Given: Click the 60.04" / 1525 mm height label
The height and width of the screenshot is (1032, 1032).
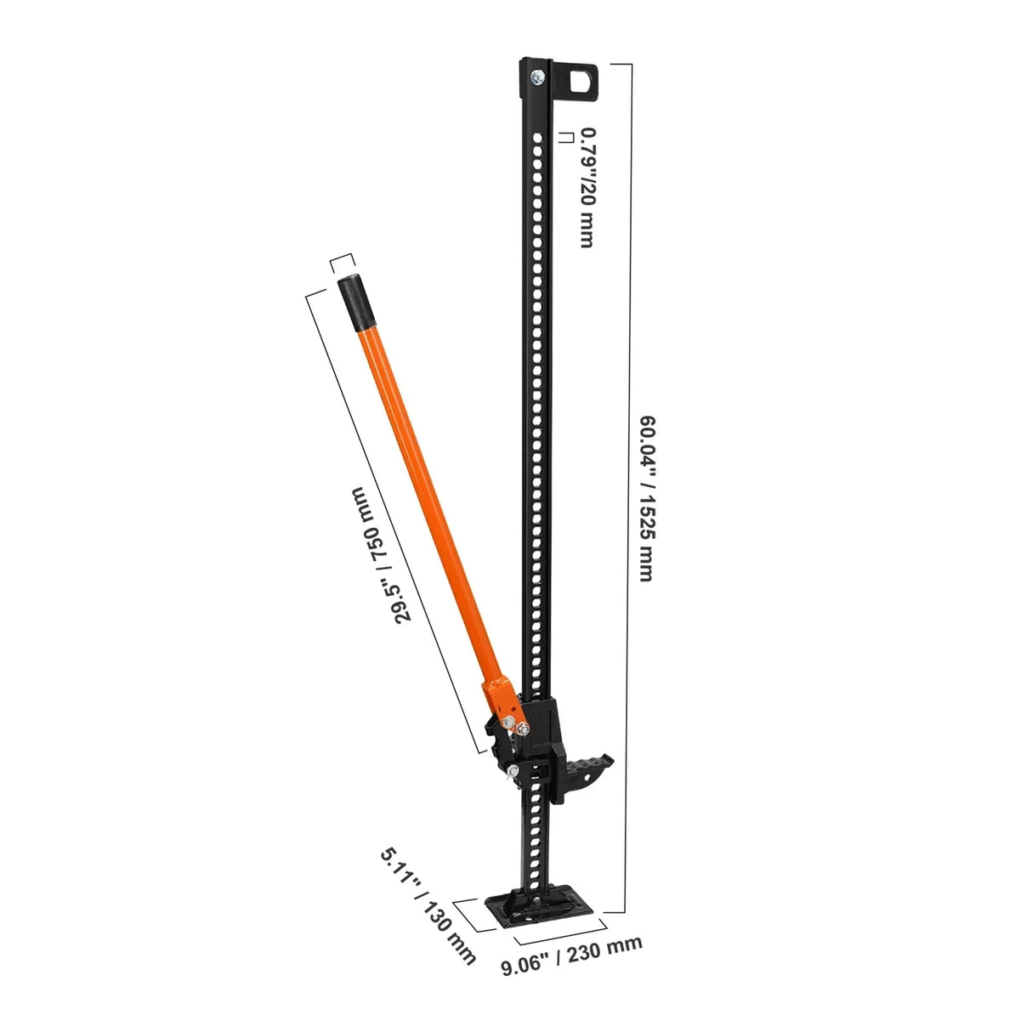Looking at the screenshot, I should tap(647, 498).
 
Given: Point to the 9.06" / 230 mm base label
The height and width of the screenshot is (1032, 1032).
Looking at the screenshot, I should tap(571, 955).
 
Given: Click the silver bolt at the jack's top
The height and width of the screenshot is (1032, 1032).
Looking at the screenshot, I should tap(537, 79).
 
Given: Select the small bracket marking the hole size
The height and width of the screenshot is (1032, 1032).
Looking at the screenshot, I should tap(564, 137).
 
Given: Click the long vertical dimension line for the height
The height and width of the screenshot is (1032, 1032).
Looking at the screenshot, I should tap(630, 493).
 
